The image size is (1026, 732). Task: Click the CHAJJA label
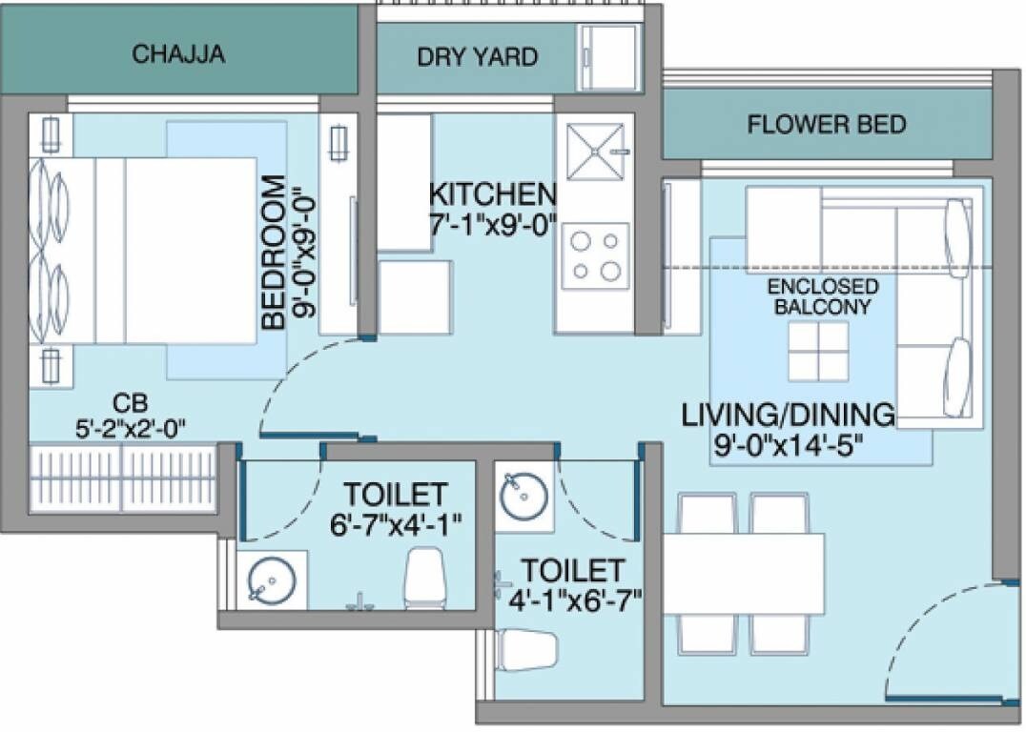pos(179,53)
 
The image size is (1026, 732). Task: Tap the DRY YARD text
pos(477,56)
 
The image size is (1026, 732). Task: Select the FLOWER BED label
pos(826,124)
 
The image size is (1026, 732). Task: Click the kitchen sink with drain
pos(595,152)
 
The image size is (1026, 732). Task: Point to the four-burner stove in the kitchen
pos(595,256)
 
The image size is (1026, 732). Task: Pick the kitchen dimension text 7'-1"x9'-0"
pos(492,230)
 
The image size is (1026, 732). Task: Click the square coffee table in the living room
pos(818,350)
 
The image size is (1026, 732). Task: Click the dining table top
pos(744,573)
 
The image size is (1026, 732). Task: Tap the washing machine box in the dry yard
pos(609,47)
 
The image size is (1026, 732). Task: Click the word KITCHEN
pos(492,194)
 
